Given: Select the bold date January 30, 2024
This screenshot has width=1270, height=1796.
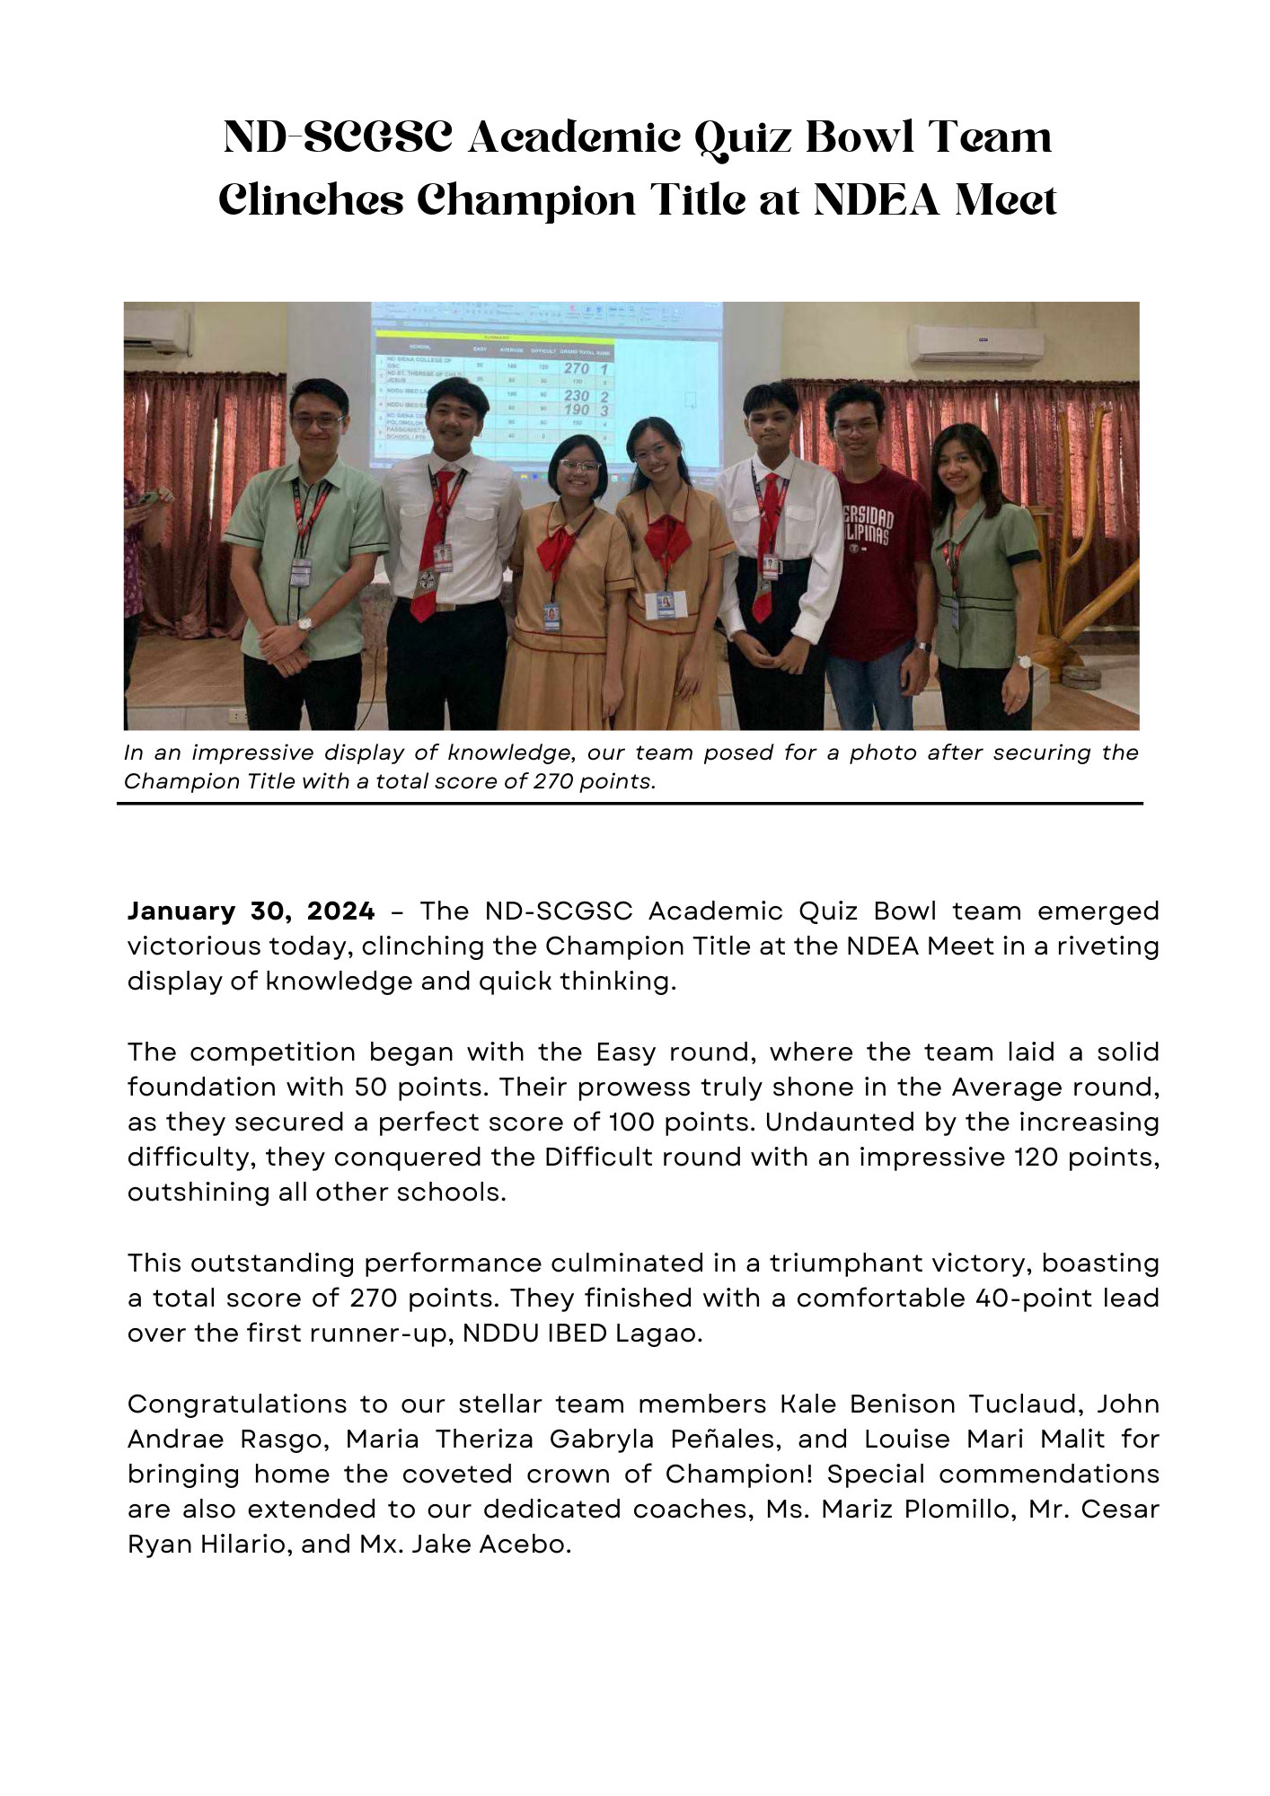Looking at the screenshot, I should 251,911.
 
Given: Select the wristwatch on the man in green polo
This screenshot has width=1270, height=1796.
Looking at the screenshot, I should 305,623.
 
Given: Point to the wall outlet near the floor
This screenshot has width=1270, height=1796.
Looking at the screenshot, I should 237,716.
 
